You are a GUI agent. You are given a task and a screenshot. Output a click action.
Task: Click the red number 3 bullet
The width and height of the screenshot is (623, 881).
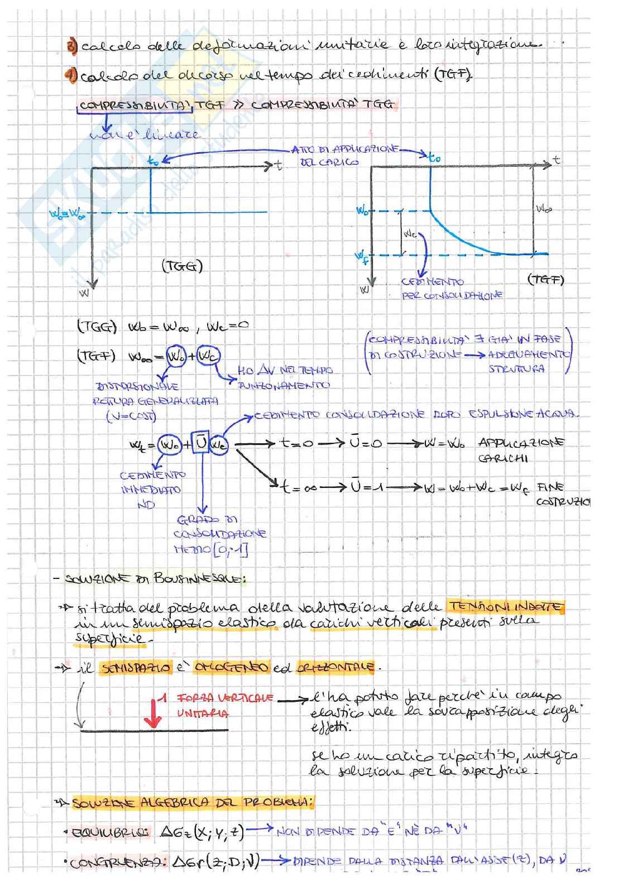pyautogui.click(x=71, y=46)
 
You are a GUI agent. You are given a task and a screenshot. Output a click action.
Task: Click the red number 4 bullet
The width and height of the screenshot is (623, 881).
pyautogui.click(x=72, y=76)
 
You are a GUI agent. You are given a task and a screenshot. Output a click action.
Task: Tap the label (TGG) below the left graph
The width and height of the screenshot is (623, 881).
pyautogui.click(x=182, y=267)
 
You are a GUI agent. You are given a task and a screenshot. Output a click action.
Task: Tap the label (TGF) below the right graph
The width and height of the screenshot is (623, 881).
pyautogui.click(x=545, y=280)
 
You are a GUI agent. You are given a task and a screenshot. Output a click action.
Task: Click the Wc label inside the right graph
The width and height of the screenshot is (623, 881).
pyautogui.click(x=410, y=235)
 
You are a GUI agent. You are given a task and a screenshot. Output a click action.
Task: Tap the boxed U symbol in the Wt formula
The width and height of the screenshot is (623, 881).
pyautogui.click(x=201, y=444)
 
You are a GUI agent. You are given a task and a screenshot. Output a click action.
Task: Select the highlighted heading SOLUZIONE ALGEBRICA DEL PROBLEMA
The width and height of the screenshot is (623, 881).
pyautogui.click(x=193, y=803)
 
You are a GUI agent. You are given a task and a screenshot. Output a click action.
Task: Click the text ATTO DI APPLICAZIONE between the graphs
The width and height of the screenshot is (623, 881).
pyautogui.click(x=345, y=150)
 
